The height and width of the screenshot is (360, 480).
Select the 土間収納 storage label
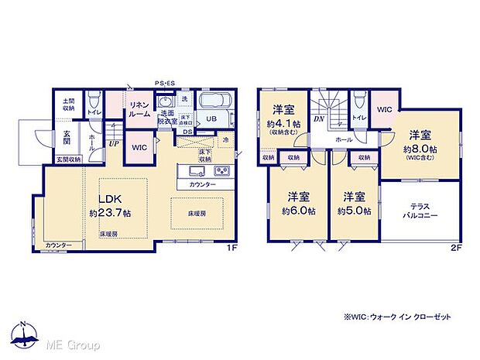68,105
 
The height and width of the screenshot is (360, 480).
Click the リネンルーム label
139,109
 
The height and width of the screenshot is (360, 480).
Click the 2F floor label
456,248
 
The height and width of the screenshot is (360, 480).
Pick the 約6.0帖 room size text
298,211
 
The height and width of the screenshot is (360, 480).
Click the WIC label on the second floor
385,110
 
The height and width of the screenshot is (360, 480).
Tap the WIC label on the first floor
140,147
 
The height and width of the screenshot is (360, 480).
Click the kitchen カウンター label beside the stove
203,185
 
